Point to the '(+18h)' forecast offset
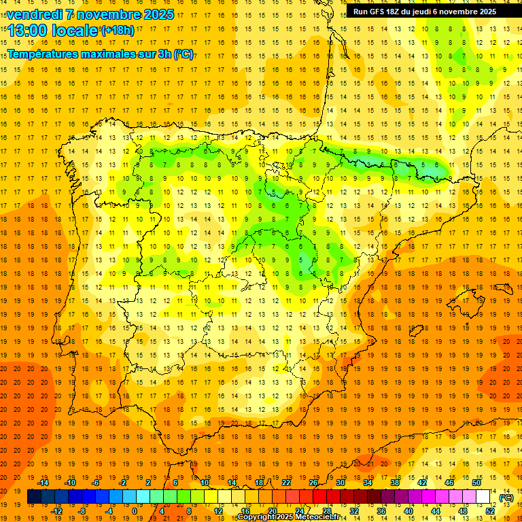tap(118, 30)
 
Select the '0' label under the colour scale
tap(135, 511)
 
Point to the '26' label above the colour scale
tap(313, 482)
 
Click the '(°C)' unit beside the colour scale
tap(506, 498)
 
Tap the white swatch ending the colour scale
tap(483, 497)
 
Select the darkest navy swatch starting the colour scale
tap(34, 497)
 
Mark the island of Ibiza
tap(417, 331)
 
